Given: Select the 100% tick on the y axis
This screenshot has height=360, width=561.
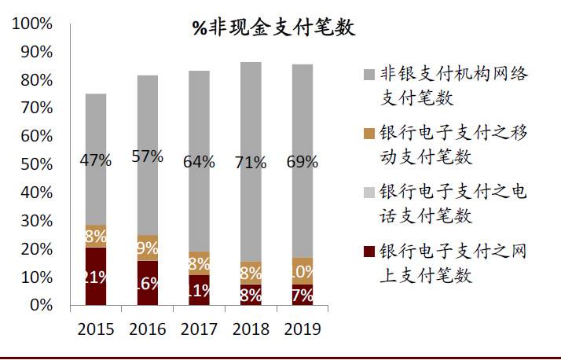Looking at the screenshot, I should [x=32, y=24].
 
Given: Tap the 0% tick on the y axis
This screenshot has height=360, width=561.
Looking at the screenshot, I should [x=40, y=305].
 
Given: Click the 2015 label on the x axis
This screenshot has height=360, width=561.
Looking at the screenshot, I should [x=96, y=329].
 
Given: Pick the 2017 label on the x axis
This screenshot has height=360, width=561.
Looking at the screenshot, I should [x=199, y=329].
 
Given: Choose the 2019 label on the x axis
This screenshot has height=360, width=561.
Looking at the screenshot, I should [x=302, y=329].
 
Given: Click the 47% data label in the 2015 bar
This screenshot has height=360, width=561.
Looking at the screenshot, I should [x=96, y=160].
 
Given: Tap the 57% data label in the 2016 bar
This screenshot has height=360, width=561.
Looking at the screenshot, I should [x=147, y=156].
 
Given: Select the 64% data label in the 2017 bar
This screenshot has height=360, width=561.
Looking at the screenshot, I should [x=199, y=162].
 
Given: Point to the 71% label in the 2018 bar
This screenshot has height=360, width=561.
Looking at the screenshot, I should [x=250, y=163].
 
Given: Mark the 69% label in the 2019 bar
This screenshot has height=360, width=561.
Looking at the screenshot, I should [x=302, y=163].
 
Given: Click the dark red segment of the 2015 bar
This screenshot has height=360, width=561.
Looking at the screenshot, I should [x=96, y=276].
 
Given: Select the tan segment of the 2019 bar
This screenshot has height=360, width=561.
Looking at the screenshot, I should [x=302, y=270].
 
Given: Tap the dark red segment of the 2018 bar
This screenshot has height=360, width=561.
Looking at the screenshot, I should [x=250, y=294].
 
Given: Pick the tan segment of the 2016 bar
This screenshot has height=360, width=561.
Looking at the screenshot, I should [x=147, y=248].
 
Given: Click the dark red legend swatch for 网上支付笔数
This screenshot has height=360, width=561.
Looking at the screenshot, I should [x=368, y=252].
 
